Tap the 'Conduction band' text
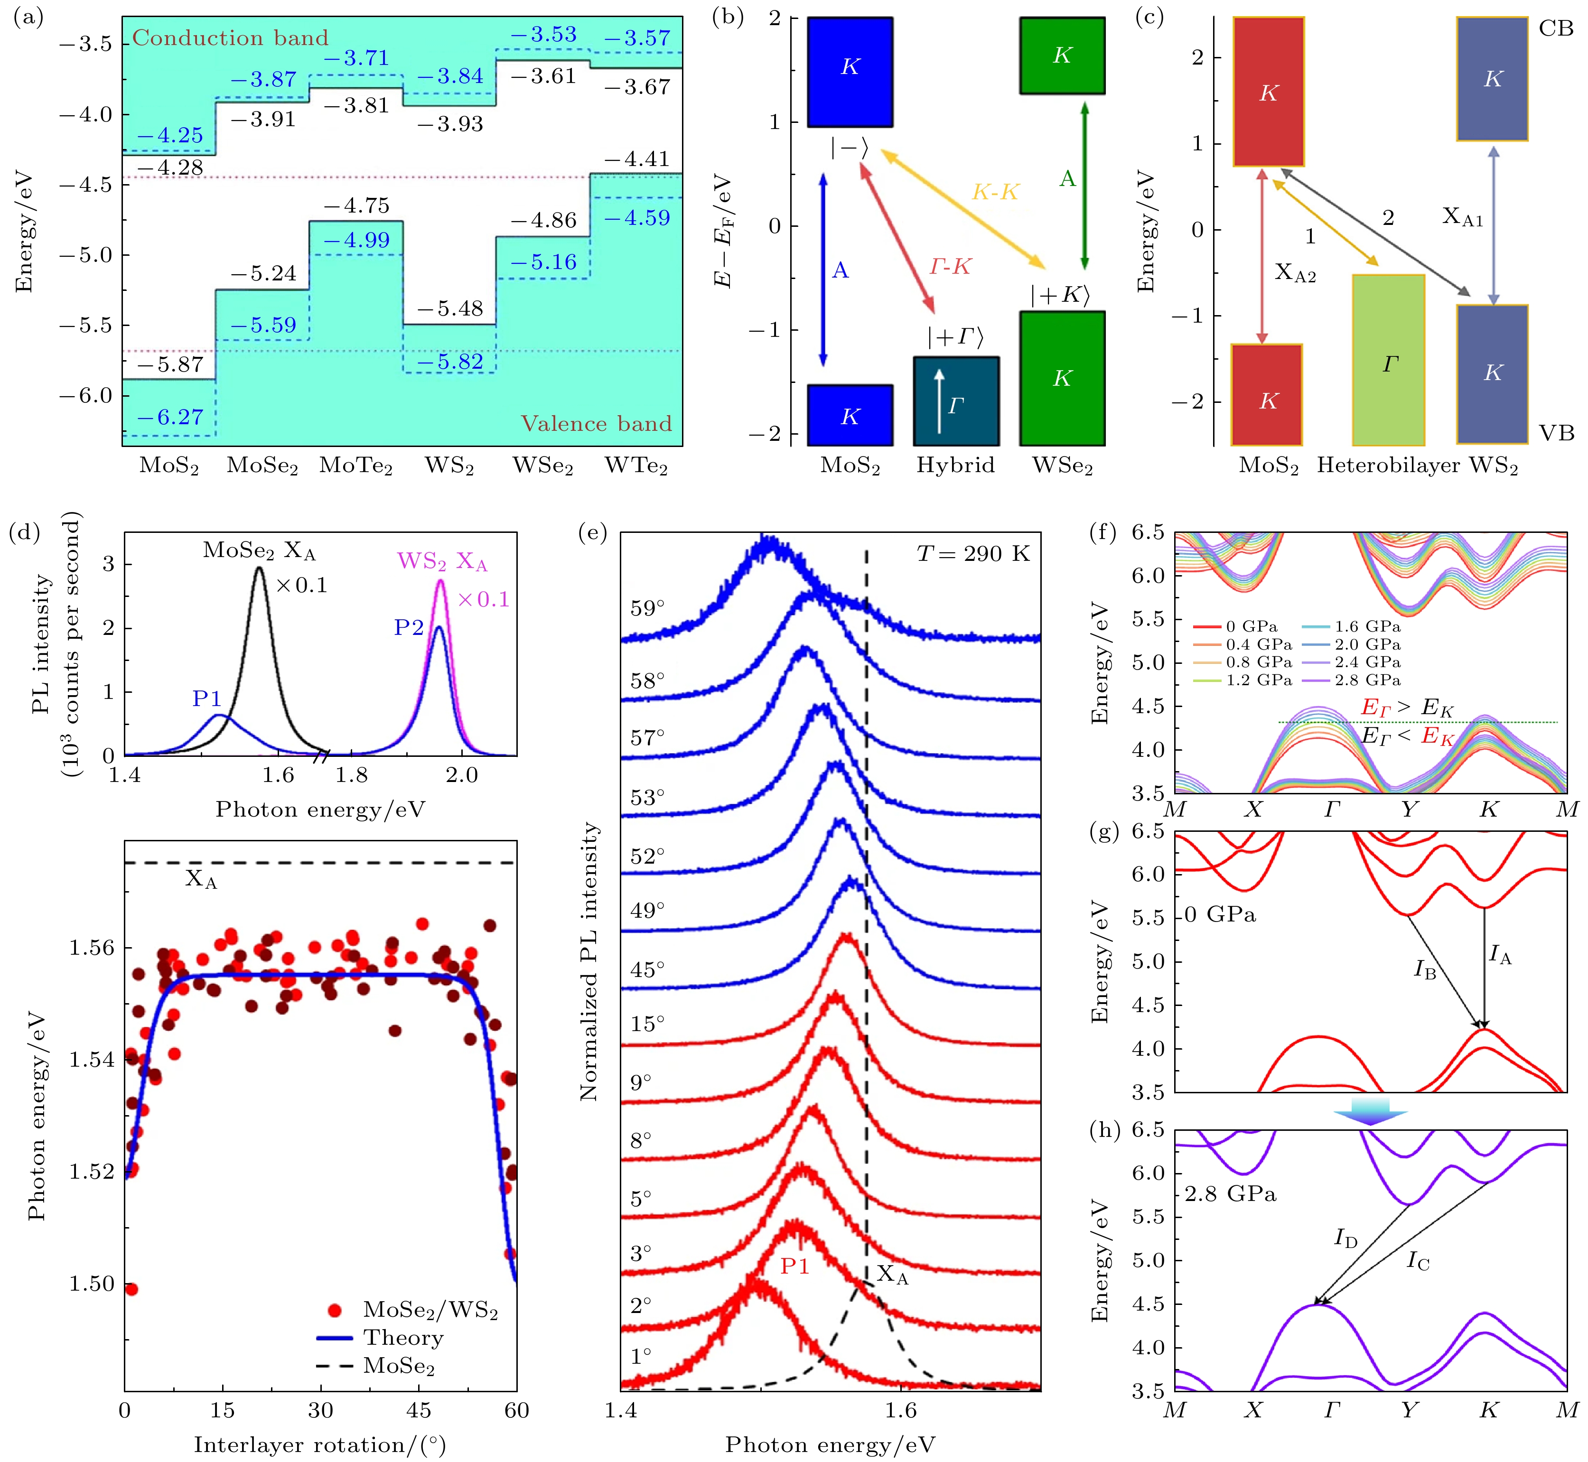coord(229,38)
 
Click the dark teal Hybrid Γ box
coord(956,401)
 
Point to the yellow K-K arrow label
coord(995,192)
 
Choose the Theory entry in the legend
coord(403,1337)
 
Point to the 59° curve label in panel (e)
coord(647,608)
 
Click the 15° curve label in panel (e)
coord(647,1024)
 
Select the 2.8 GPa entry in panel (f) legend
coord(1367,680)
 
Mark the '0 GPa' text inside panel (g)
coord(1220,914)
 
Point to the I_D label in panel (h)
coord(1345,1238)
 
